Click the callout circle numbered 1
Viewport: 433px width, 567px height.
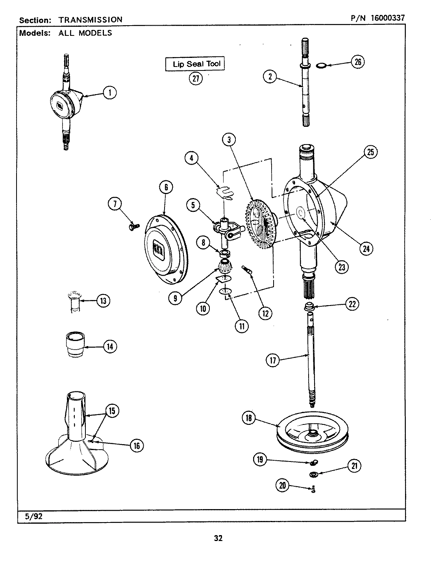click(x=110, y=93)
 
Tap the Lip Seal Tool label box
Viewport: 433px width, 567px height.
click(x=195, y=64)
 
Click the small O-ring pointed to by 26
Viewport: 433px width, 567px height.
click(x=322, y=64)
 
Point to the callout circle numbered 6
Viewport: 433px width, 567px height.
click(x=166, y=187)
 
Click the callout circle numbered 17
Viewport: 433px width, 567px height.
click(x=273, y=361)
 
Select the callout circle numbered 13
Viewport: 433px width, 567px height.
click(x=103, y=301)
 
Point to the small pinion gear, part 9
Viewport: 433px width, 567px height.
click(x=225, y=269)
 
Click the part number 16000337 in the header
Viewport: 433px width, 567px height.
click(x=387, y=18)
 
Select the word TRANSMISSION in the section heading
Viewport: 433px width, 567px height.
click(x=91, y=19)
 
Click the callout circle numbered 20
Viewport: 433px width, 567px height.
click(x=283, y=485)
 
